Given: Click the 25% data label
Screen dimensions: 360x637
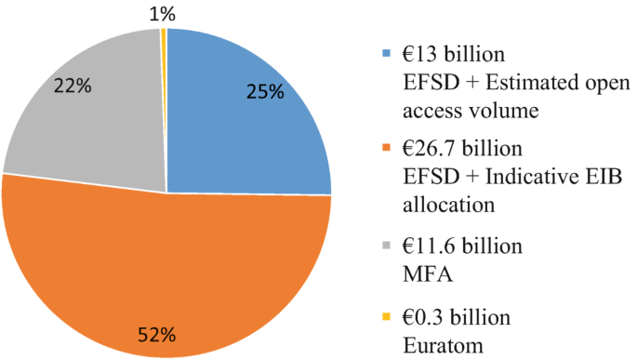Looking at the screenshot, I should coord(266,94).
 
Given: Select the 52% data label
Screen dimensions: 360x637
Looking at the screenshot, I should coord(157,332).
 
